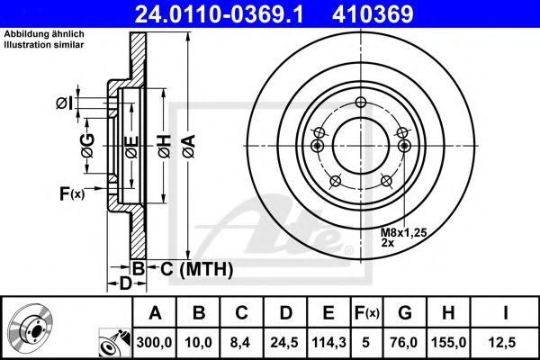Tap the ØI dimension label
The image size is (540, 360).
point(64,103)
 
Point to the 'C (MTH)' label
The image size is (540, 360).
point(198,268)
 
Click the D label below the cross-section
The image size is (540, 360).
point(126,284)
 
